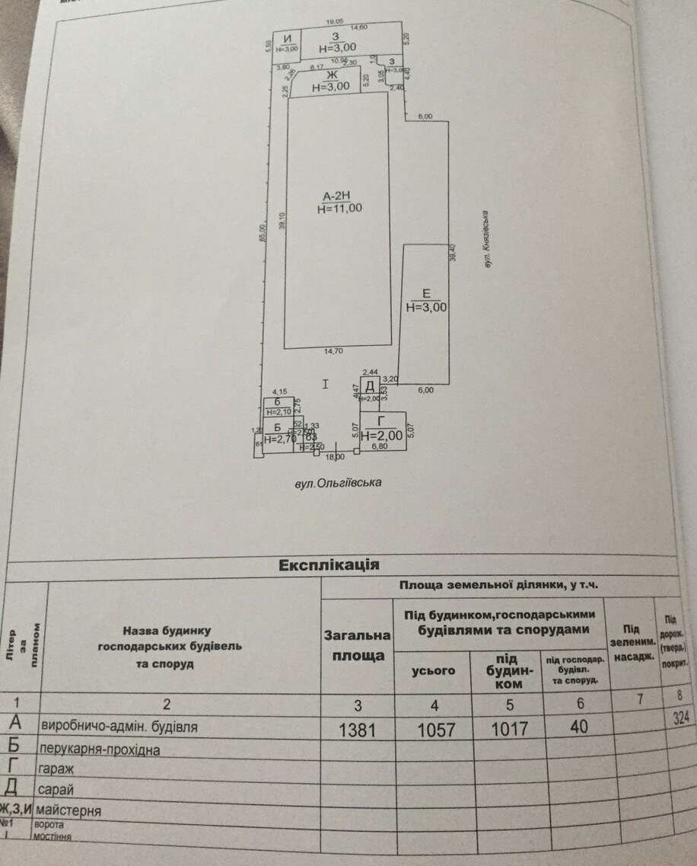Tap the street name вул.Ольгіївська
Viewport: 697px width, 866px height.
coord(338,483)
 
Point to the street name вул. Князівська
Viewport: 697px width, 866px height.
coord(485,238)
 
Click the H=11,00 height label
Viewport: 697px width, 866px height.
coord(339,208)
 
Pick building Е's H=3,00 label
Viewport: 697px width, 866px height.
coord(426,308)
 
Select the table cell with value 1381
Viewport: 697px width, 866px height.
coord(357,729)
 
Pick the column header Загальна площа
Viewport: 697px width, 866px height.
coord(358,645)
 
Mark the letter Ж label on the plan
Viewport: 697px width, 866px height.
coord(331,75)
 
